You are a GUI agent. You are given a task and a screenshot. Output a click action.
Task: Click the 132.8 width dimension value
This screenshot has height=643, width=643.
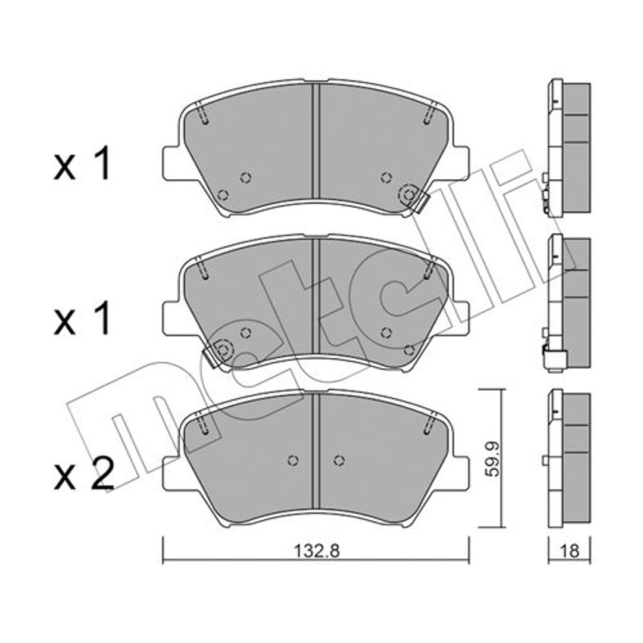(317, 551)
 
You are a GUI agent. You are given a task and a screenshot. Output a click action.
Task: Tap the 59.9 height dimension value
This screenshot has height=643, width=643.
(492, 459)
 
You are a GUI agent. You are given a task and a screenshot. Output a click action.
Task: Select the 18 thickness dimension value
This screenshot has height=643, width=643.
(570, 551)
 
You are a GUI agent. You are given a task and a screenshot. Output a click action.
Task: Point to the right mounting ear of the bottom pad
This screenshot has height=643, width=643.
(460, 473)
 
